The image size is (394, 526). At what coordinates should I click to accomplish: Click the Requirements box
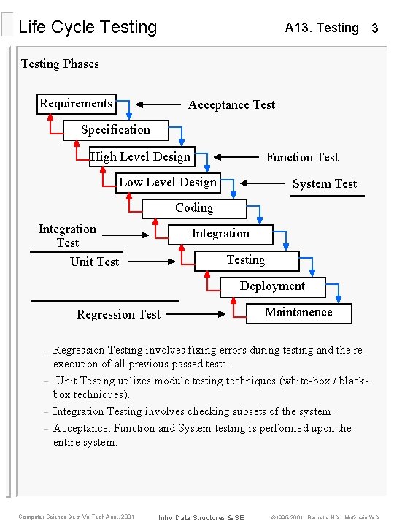tap(76, 104)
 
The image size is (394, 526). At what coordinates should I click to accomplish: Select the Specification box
tap(115, 130)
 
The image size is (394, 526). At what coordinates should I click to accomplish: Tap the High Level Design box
tap(141, 156)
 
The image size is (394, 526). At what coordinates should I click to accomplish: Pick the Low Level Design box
tap(168, 183)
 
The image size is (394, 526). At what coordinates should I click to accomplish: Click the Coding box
tap(194, 208)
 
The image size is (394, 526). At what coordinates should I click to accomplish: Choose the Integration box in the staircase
tap(220, 234)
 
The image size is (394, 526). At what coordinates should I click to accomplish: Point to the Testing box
tap(246, 260)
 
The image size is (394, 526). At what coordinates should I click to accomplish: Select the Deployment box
tap(272, 286)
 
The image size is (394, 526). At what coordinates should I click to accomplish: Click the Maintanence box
tap(298, 313)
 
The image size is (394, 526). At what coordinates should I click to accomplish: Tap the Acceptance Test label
tap(231, 105)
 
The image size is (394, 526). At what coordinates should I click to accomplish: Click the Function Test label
tap(302, 157)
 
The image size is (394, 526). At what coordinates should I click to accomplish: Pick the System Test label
tap(325, 183)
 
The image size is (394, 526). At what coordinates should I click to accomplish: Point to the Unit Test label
tap(94, 262)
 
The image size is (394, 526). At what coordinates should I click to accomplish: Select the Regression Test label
tap(118, 314)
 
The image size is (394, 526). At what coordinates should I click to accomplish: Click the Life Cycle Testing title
tap(88, 28)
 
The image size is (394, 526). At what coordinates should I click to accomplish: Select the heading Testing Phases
tap(60, 64)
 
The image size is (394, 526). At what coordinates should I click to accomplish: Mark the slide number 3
tap(374, 28)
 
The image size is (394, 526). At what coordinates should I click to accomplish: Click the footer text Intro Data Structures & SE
tap(201, 517)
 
